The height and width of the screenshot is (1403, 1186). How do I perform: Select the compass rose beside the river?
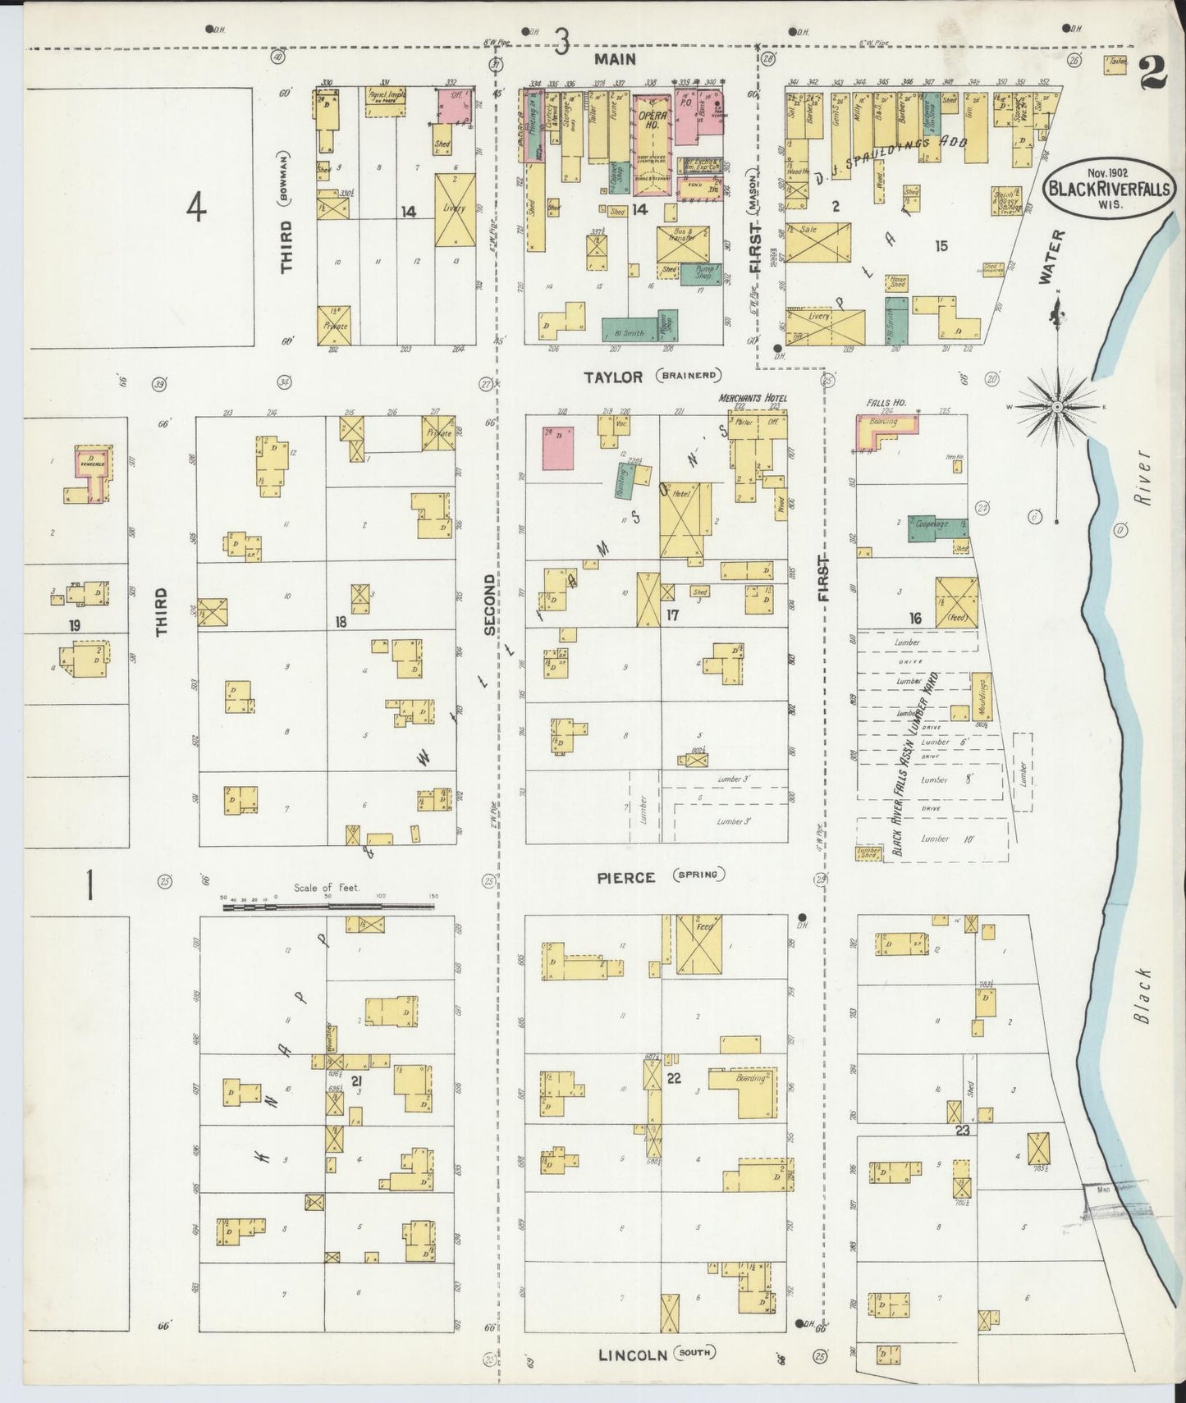[x=1057, y=407]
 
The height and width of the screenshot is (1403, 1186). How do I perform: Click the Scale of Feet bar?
[x=327, y=906]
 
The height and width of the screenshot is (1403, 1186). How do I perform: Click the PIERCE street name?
[x=625, y=877]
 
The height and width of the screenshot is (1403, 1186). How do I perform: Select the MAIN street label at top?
[x=615, y=59]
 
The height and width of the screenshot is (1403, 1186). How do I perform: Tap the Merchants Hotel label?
[x=752, y=399]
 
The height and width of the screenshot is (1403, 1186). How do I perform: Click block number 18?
[x=340, y=622]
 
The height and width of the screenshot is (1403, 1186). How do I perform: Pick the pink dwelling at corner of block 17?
[x=558, y=448]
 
